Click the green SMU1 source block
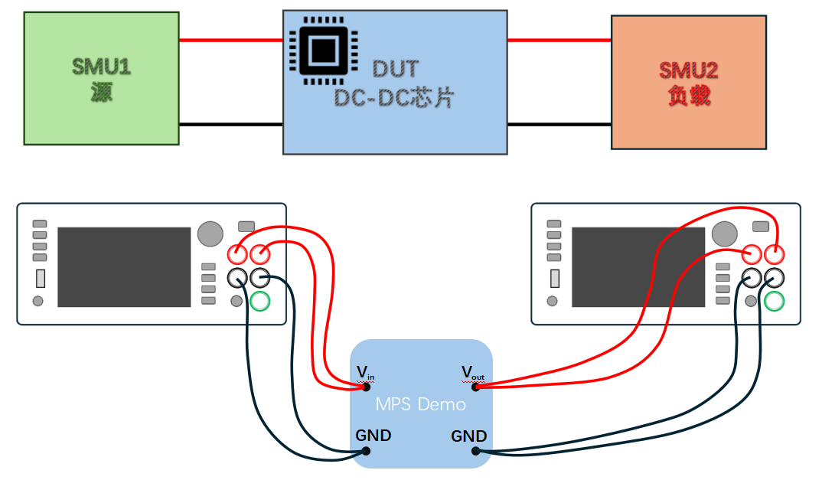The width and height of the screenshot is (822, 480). point(101,78)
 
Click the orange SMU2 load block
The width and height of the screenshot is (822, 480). point(689,82)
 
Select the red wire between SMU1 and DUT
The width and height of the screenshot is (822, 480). point(230,41)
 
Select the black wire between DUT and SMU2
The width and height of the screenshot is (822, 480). point(559,124)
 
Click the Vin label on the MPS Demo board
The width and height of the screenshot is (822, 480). point(365,373)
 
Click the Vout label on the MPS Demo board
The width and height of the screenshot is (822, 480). point(472,372)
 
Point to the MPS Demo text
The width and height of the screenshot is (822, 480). point(420,403)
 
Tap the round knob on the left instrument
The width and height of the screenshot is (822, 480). point(210,233)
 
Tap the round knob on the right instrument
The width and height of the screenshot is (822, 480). point(724,233)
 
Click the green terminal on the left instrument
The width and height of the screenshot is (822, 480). point(260,301)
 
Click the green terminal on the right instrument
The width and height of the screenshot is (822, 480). point(775,301)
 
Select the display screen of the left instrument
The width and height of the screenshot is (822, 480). point(124,266)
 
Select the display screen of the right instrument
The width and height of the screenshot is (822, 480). point(638,266)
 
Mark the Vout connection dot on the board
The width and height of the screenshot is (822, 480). point(476,387)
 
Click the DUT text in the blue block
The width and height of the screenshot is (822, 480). point(395,69)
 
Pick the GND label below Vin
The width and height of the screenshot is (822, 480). point(373,436)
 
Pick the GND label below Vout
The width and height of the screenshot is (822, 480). point(468,436)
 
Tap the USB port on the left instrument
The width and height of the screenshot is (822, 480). point(41,278)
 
